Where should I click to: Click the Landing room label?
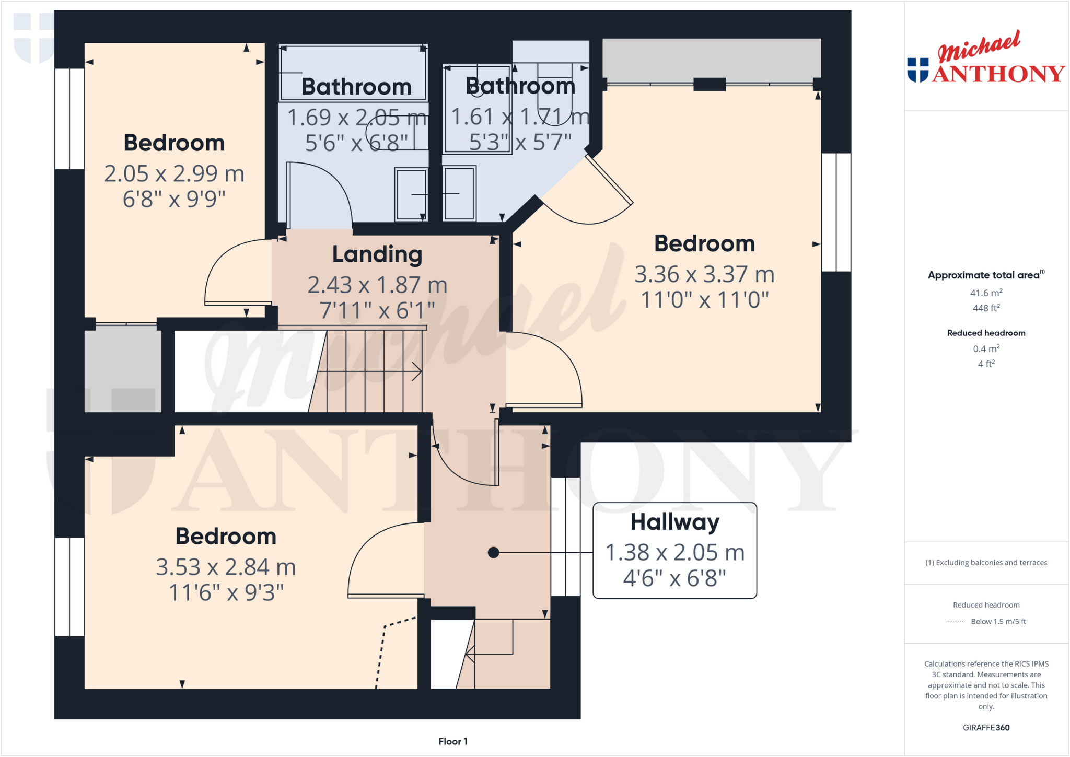(x=377, y=255)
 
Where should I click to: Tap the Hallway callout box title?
(x=674, y=522)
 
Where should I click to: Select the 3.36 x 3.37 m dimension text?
(x=704, y=274)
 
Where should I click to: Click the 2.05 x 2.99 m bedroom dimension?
(x=174, y=174)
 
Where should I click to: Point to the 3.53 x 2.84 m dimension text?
(x=226, y=567)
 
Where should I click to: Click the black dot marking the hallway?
(x=493, y=552)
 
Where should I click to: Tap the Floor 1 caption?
(x=452, y=741)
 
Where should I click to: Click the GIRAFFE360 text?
(x=986, y=727)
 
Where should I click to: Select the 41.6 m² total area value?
(x=986, y=293)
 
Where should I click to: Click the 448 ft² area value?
(x=986, y=308)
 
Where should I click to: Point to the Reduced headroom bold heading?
(x=986, y=333)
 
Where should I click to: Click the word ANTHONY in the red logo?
(x=998, y=74)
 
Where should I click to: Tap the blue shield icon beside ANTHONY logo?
(x=917, y=70)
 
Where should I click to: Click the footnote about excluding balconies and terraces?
(x=986, y=563)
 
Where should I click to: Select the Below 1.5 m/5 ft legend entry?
(x=998, y=621)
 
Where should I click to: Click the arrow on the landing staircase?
(x=416, y=371)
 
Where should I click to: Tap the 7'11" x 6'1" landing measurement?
(x=377, y=311)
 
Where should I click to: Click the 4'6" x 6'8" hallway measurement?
(x=674, y=578)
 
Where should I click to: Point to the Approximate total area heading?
(x=984, y=275)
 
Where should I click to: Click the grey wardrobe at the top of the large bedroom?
(x=712, y=60)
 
